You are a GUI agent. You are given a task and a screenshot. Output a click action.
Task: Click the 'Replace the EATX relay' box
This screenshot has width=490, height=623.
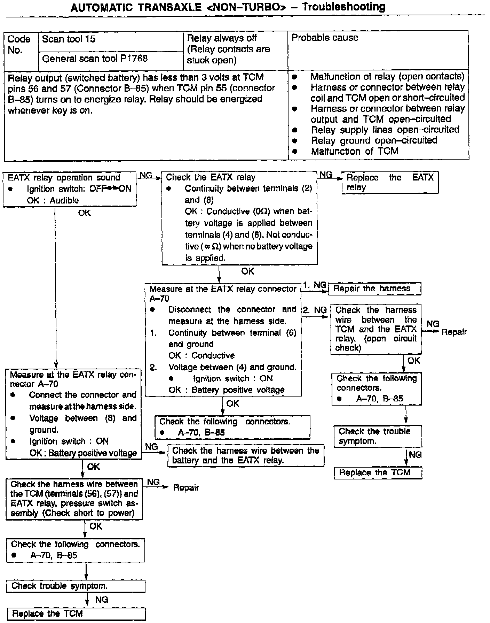[x=390, y=182]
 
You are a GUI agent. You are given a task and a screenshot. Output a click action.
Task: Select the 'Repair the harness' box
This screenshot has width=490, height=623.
[x=374, y=289]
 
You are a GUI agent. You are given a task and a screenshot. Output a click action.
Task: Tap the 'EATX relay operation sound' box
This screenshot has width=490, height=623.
[x=69, y=189]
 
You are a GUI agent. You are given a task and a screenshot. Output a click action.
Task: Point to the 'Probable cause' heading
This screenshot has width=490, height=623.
[x=325, y=38]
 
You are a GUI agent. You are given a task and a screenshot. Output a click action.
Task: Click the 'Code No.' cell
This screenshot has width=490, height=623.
[x=19, y=44]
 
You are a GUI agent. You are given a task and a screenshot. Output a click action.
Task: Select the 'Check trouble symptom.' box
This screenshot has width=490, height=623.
[x=76, y=586]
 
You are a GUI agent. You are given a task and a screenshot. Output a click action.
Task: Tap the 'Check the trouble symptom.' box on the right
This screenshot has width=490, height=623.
[x=378, y=436]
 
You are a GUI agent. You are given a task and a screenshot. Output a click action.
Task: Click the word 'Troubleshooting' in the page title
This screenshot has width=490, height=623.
[x=343, y=7]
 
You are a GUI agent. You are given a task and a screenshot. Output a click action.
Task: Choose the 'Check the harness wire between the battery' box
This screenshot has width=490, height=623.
[x=245, y=455]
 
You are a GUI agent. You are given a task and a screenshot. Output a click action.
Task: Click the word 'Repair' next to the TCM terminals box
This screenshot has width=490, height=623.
[x=186, y=487]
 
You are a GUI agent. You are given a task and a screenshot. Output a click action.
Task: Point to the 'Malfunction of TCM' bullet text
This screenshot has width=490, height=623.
[x=354, y=151]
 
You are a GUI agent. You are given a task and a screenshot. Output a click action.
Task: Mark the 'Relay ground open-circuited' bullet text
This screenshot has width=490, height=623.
[x=374, y=140]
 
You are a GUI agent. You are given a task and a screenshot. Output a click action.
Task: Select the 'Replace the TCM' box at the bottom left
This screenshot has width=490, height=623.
[x=76, y=613]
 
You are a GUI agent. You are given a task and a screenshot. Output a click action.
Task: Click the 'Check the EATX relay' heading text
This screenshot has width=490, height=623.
[x=211, y=177]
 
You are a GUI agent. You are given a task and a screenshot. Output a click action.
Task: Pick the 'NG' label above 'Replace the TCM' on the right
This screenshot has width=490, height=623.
[x=415, y=454]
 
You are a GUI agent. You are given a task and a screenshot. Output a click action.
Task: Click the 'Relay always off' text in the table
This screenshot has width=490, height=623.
[x=222, y=38]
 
